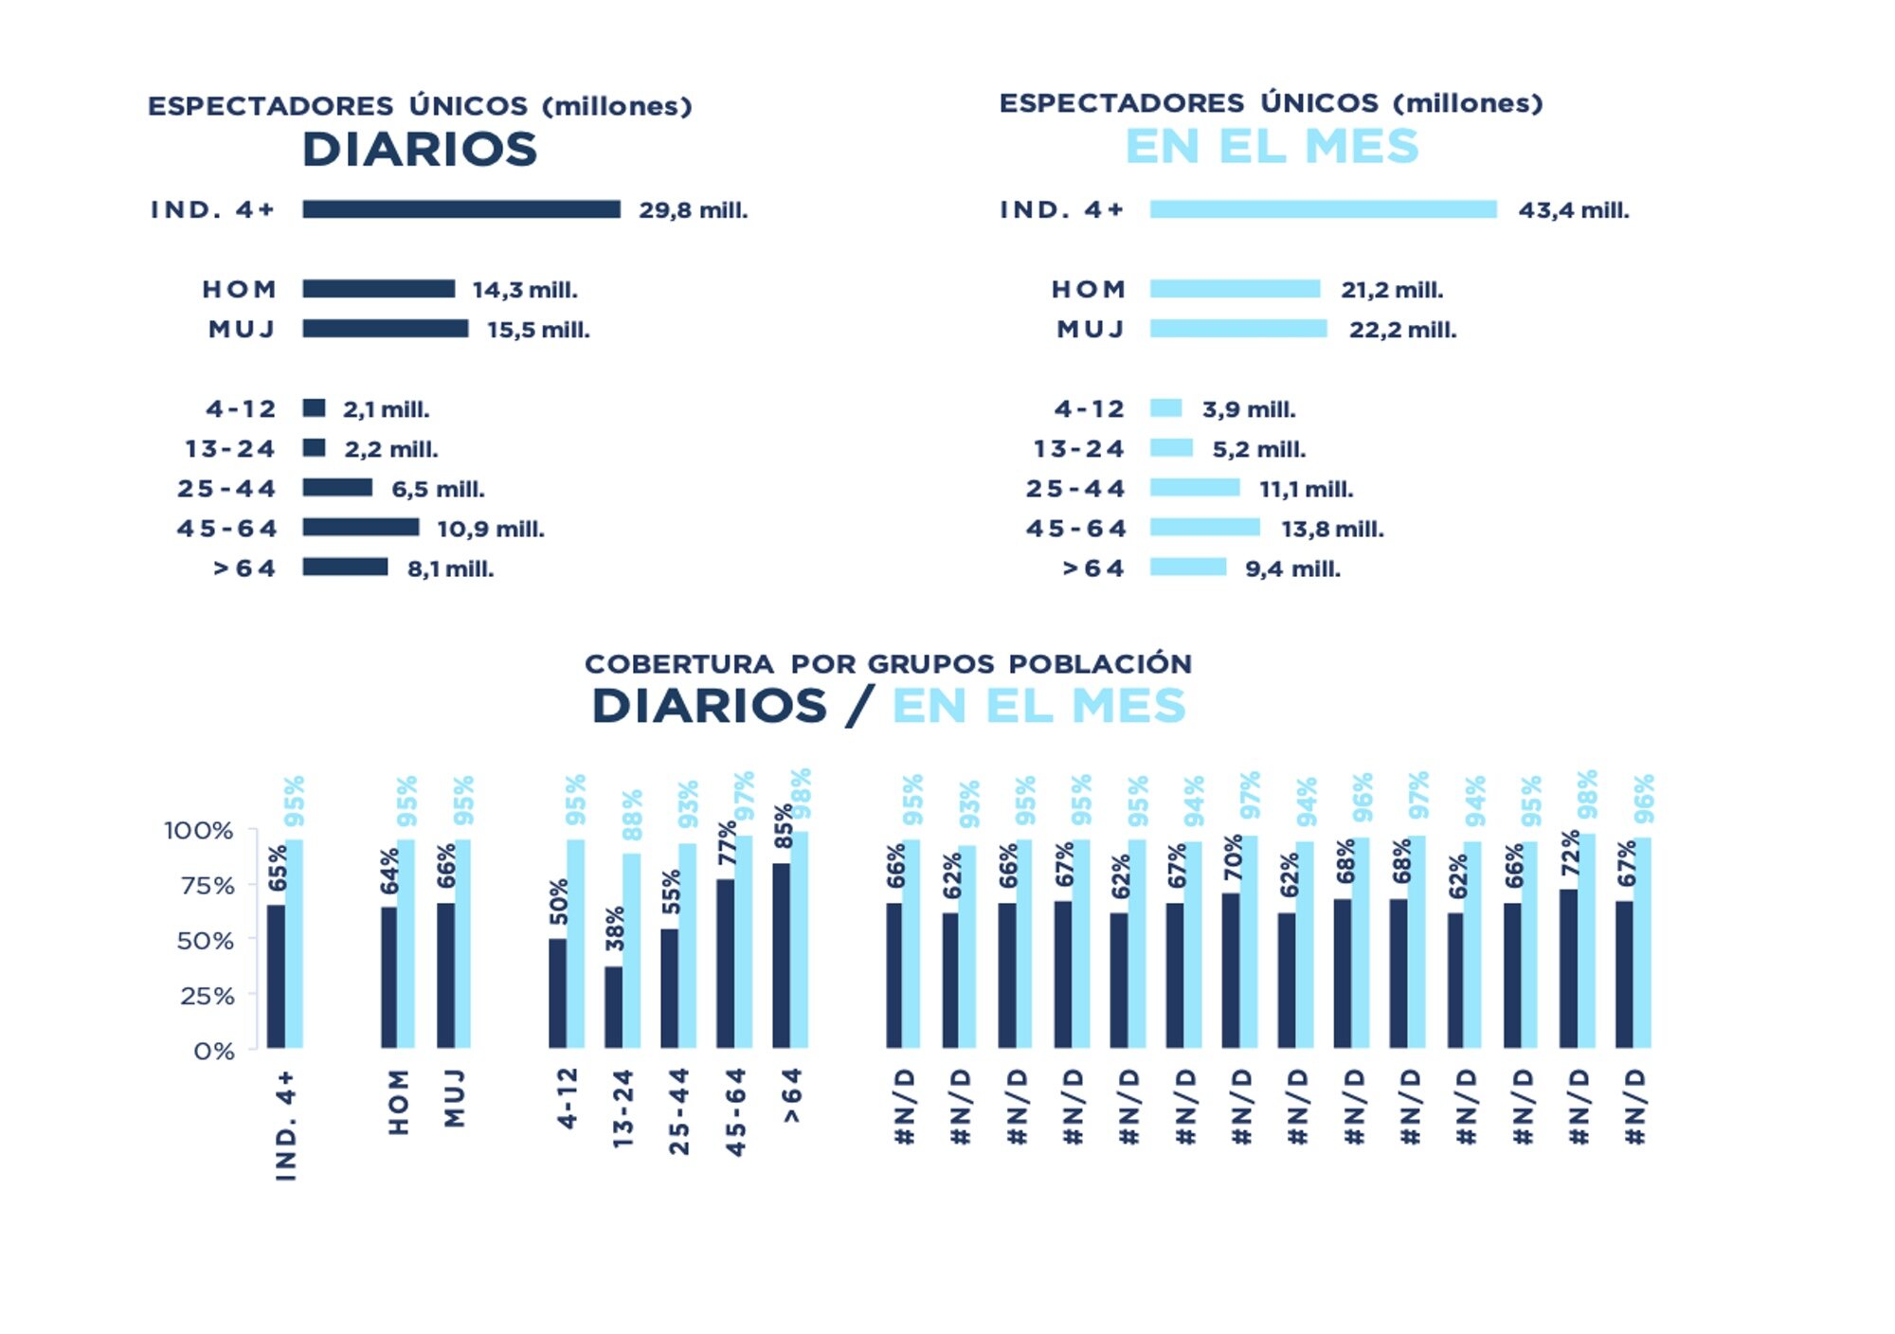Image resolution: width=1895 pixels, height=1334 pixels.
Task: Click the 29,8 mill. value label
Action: (x=693, y=210)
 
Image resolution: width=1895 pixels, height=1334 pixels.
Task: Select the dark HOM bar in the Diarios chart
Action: (x=378, y=289)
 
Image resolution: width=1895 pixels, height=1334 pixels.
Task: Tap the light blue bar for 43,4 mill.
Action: (x=1323, y=209)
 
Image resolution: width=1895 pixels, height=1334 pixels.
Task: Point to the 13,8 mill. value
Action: (x=1332, y=529)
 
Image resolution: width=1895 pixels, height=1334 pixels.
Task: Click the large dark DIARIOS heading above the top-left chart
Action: (x=420, y=150)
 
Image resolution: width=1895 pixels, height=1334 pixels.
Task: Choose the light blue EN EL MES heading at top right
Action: (x=1272, y=147)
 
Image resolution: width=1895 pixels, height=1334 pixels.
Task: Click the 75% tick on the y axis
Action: (x=208, y=886)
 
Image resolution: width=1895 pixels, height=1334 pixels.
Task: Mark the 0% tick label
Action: (x=214, y=1051)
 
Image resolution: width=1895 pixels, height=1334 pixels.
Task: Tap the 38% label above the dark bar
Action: (x=616, y=928)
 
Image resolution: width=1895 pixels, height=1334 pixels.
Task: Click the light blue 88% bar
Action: (x=631, y=950)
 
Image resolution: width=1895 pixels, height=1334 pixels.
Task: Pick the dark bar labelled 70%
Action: (x=1231, y=970)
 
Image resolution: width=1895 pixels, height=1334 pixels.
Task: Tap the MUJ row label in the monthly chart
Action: (x=1091, y=330)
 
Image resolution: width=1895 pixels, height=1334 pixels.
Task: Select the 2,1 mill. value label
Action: (x=386, y=409)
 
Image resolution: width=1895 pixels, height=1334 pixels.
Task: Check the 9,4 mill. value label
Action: (x=1292, y=569)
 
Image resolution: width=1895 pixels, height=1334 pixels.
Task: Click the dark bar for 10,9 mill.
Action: (x=361, y=527)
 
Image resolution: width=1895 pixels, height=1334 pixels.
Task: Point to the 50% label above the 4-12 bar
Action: (x=560, y=901)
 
